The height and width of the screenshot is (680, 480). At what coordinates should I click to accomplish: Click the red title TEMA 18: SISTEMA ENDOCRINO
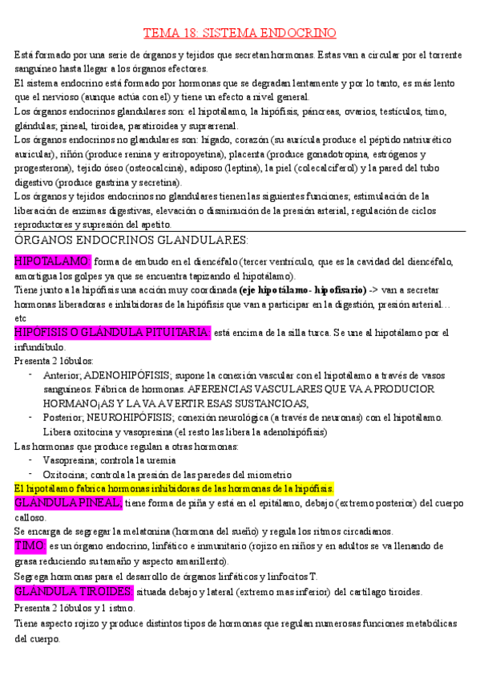pyautogui.click(x=240, y=33)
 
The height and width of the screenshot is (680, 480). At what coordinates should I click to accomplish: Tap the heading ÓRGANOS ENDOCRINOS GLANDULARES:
pyautogui.click(x=132, y=241)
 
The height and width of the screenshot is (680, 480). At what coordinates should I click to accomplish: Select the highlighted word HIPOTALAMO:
pyautogui.click(x=53, y=261)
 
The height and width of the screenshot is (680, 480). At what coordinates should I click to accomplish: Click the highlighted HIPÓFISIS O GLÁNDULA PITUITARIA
pyautogui.click(x=112, y=332)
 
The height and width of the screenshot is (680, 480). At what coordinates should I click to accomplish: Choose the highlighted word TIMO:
pyautogui.click(x=30, y=544)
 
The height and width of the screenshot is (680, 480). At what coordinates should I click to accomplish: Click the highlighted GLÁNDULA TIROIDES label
pyautogui.click(x=74, y=592)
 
